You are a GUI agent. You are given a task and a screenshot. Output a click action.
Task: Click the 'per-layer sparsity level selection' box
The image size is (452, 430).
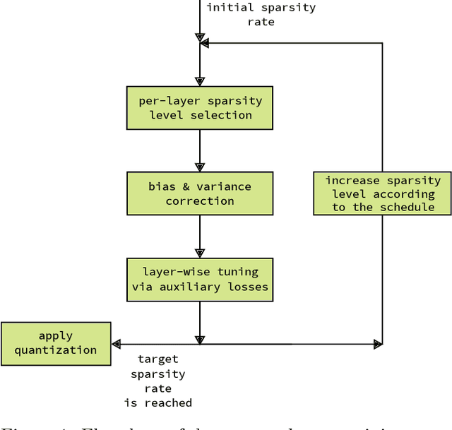[x=200, y=108]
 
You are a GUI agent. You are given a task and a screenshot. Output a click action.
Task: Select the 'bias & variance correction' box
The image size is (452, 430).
[x=200, y=193]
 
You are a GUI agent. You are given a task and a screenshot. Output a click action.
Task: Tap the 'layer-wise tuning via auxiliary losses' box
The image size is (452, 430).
[x=200, y=279]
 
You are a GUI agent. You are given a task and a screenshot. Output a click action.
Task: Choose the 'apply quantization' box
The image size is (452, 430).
[x=56, y=343]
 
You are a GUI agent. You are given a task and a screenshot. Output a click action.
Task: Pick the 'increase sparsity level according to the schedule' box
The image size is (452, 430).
[x=383, y=193]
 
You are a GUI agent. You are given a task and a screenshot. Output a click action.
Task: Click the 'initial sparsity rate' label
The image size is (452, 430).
[x=261, y=15]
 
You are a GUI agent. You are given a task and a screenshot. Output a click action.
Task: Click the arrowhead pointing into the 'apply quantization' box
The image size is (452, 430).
[x=117, y=344]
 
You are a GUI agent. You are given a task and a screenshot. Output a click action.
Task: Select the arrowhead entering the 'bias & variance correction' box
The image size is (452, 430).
[x=200, y=167]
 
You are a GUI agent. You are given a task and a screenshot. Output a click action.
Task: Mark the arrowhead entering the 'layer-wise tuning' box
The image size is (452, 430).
[x=200, y=252]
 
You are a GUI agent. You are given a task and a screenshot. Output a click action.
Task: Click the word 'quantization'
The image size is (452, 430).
[x=56, y=350]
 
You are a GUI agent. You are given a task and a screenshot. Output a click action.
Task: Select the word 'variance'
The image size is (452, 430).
[x=223, y=186]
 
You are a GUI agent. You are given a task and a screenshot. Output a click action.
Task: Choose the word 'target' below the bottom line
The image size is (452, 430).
[x=158, y=359]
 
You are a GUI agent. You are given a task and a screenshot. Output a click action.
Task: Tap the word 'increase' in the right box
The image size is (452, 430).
[x=352, y=180]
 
